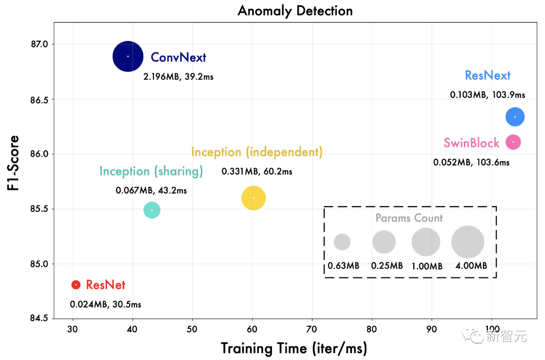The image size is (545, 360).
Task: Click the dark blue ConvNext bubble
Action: pos(128,56)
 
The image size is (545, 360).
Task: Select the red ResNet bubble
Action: pos(76,285)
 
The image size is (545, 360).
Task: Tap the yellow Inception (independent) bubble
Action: pos(253,198)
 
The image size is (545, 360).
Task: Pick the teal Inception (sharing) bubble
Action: pos(152,210)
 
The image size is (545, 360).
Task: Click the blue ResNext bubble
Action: pos(515,117)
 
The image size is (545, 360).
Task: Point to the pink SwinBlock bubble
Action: pos(513,142)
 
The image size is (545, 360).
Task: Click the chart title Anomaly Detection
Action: pos(295,11)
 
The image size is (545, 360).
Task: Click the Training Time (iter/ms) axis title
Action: pos(294,348)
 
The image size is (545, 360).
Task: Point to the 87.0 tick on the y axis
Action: pos(38,44)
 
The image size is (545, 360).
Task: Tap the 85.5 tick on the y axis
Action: pos(38,209)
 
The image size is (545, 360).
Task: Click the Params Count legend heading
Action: pos(409,218)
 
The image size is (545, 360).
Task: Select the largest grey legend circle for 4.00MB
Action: pos(468,242)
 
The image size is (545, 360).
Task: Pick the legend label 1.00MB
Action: pos(427,266)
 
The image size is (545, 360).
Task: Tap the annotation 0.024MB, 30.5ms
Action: pos(105,305)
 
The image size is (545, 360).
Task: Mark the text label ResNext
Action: pos(487,76)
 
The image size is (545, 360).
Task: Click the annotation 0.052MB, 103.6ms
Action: pos(471,162)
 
